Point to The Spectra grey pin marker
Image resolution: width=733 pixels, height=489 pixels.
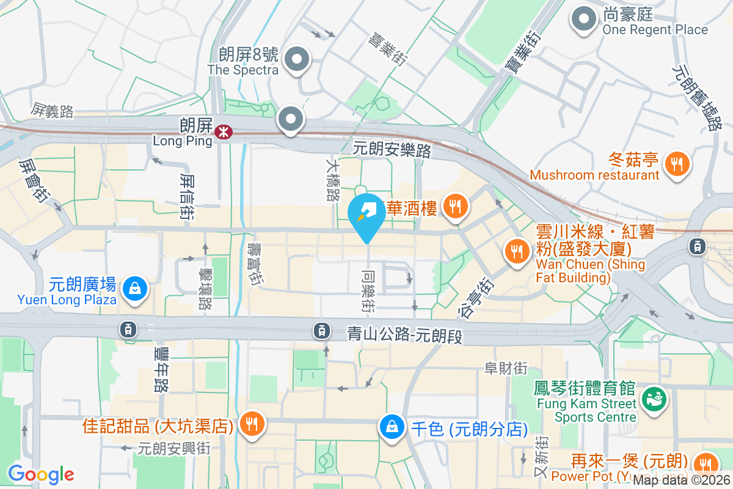click(x=297, y=60)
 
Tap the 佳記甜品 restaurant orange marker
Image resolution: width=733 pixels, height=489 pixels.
click(x=250, y=424)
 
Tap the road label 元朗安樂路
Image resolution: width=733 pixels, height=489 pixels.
click(x=392, y=149)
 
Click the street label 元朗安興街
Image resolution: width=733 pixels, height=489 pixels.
click(x=174, y=448)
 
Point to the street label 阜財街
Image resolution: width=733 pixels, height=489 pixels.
click(x=506, y=368)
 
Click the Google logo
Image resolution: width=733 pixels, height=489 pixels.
click(x=41, y=474)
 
